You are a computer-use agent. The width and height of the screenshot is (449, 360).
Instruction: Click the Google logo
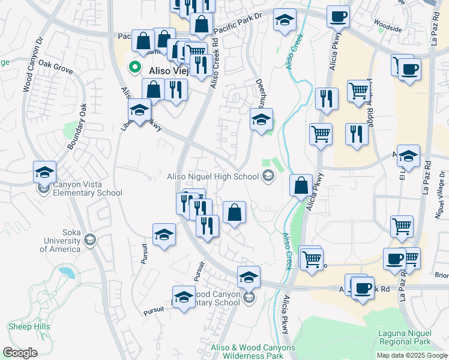coord(20,353)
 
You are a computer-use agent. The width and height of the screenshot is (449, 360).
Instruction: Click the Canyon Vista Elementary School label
coord(87,189)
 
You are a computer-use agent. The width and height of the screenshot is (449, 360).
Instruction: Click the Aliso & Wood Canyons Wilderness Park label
coord(253,352)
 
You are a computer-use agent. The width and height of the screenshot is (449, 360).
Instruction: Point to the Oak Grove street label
coord(55,67)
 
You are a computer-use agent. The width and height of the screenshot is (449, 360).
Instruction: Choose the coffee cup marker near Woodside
coord(338,16)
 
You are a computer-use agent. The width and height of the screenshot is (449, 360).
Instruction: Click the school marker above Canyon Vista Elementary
coord(44,172)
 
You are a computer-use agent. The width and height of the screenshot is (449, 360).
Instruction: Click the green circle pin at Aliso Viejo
coord(136,67)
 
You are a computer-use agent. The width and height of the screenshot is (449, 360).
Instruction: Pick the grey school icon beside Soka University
coord(90,240)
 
